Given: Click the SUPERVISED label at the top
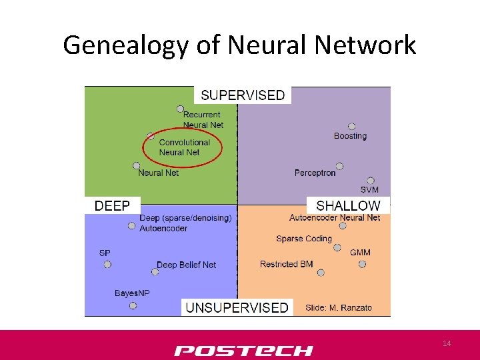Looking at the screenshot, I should click(243, 95).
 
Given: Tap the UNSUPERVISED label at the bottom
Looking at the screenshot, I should click(237, 307).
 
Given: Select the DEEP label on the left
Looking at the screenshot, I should click(112, 205).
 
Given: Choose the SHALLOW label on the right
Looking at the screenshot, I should click(348, 205).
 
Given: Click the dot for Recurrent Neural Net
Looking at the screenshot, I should click(180, 109).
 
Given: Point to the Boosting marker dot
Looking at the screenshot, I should click(351, 126).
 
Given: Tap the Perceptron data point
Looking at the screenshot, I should click(339, 166).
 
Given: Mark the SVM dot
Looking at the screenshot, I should click(371, 180).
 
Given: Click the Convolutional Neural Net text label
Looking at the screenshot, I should click(184, 147).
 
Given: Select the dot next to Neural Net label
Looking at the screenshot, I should click(137, 165).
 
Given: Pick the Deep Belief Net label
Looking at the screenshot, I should click(186, 265).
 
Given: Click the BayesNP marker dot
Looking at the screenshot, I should click(133, 305).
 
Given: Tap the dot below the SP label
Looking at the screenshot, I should click(107, 265).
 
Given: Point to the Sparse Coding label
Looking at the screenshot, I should click(303, 239).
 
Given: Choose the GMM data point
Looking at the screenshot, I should click(362, 264).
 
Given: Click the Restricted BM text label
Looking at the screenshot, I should click(286, 264).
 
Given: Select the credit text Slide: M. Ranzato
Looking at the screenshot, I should click(339, 307).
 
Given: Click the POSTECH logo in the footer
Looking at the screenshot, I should click(243, 351).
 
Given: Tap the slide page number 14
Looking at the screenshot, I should click(447, 343).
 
